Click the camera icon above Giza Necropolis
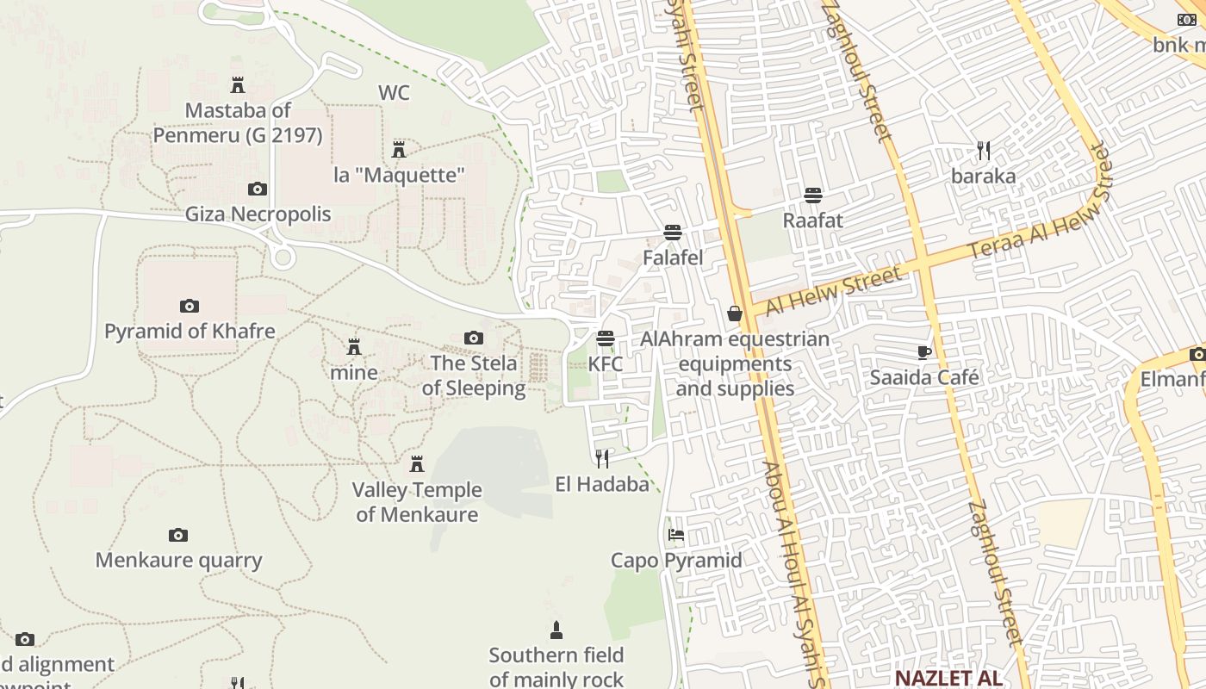click(257, 189)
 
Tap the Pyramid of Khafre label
click(190, 332)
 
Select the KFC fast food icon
click(606, 338)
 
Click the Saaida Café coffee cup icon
click(923, 352)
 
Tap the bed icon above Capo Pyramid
click(676, 535)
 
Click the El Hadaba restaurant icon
click(602, 458)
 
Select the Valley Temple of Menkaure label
click(417, 502)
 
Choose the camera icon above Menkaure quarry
click(178, 536)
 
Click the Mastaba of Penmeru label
click(238, 123)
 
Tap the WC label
click(394, 93)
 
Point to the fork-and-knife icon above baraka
click(984, 152)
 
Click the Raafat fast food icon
click(812, 196)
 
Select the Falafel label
click(673, 258)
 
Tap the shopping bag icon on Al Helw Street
click(735, 313)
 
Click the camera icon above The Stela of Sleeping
click(473, 338)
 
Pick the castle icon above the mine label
click(353, 347)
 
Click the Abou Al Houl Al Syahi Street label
click(793, 573)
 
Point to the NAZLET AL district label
click(948, 678)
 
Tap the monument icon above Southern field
click(556, 630)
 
